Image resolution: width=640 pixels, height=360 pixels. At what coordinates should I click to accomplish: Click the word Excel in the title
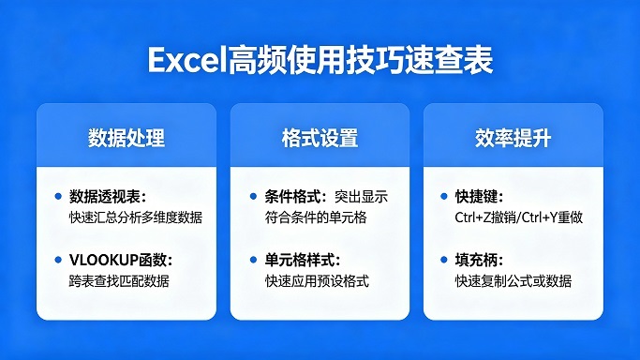point(183,60)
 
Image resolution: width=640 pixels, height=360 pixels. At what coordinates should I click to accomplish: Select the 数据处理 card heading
point(127,139)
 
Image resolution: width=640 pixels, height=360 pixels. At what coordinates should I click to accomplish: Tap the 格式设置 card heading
point(320,139)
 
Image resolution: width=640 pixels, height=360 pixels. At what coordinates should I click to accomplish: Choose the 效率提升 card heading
point(513,139)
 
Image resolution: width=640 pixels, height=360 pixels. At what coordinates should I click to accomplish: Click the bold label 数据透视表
point(106,197)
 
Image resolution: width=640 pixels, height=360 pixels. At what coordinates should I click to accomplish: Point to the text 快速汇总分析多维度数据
point(136,217)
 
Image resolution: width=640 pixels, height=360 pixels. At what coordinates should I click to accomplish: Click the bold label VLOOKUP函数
point(119,260)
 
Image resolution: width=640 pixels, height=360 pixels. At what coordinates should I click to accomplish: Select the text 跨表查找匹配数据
point(119,280)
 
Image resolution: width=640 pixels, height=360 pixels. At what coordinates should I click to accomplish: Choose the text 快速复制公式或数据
point(513,280)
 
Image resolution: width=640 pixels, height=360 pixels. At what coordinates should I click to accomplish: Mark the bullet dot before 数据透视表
point(58,197)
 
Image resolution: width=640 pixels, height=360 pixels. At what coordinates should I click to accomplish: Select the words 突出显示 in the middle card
point(361,197)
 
